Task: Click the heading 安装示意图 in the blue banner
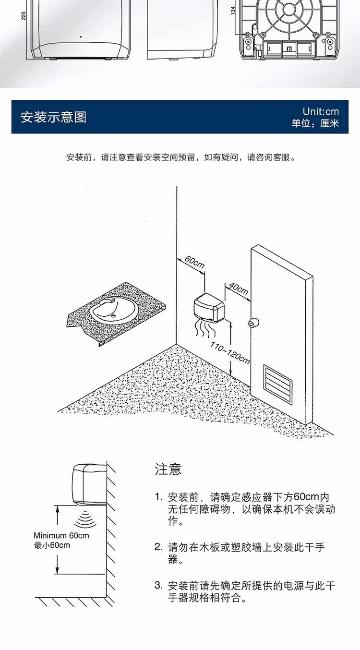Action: tap(53, 117)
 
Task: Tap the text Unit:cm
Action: tap(321, 111)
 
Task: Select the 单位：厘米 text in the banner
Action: tap(315, 124)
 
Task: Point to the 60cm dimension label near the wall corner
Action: tap(195, 262)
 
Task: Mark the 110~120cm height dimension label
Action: tap(230, 353)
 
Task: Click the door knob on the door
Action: tap(253, 323)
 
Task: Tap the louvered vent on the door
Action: tap(277, 384)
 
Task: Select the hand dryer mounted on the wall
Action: tap(209, 307)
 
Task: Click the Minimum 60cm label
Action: tap(61, 535)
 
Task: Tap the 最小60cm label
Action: tap(52, 545)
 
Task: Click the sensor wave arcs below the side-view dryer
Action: tap(85, 520)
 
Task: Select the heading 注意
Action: tap(168, 469)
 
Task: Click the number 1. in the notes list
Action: tap(158, 497)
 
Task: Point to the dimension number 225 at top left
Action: tap(24, 16)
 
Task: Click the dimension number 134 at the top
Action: tap(233, 11)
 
